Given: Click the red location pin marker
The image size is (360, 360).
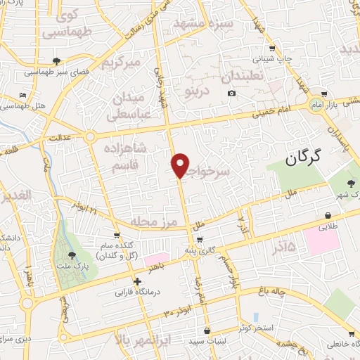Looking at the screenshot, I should [181, 165].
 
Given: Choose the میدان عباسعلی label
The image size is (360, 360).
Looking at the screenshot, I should [127, 103].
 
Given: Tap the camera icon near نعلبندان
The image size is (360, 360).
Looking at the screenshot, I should [231, 94].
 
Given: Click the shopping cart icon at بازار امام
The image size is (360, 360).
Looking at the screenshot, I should [324, 94].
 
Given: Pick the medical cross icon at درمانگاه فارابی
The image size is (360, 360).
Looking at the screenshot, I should [138, 282].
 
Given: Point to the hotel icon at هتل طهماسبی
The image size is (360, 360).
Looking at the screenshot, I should [23, 95].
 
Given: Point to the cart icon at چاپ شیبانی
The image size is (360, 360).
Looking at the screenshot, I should [273, 49].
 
